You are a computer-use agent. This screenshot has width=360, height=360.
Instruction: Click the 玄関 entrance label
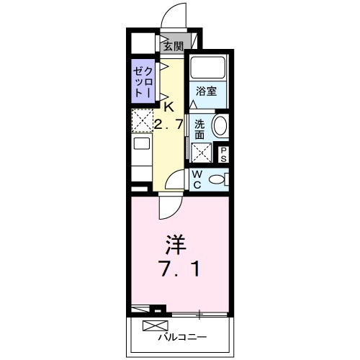click(x=173, y=47)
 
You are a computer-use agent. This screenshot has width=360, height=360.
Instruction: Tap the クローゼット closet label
click(x=141, y=81)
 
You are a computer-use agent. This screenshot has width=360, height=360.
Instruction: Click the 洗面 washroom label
click(x=200, y=127)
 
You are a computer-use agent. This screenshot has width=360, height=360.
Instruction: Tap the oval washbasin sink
click(x=221, y=127)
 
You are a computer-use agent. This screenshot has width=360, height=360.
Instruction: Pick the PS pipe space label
click(x=223, y=153)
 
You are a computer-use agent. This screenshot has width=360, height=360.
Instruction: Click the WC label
click(x=196, y=178)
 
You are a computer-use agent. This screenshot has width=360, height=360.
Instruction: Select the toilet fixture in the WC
click(x=217, y=179)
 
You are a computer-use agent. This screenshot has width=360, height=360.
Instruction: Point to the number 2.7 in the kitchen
click(x=168, y=123)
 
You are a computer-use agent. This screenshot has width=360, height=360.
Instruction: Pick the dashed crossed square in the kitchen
click(x=141, y=120)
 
